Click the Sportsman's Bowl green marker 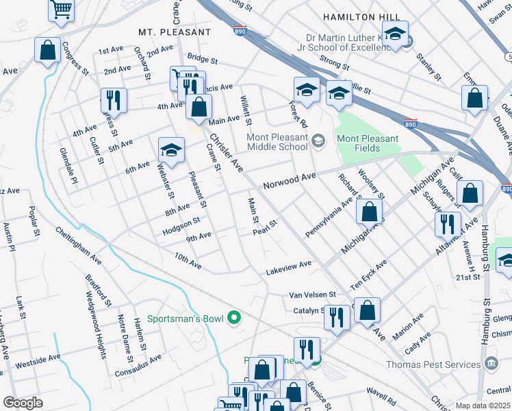(x=234, y=317)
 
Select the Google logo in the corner (x=23, y=403)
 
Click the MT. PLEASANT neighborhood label (x=175, y=32)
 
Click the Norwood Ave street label (x=290, y=180)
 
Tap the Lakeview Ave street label (x=288, y=268)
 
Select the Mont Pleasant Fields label (x=367, y=143)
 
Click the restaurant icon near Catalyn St (x=335, y=317)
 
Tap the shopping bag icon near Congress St (x=48, y=51)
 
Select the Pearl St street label (x=264, y=227)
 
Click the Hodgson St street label (x=181, y=226)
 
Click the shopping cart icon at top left (x=61, y=10)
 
